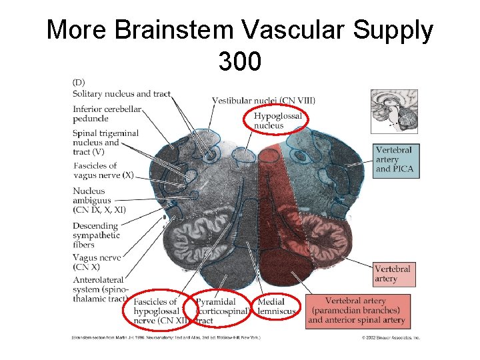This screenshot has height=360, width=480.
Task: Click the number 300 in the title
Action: [x=239, y=61]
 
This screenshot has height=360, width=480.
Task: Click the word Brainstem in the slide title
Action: [x=188, y=30]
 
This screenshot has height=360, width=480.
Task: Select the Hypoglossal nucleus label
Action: [x=277, y=120]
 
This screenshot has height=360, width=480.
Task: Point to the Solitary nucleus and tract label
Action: [x=121, y=94]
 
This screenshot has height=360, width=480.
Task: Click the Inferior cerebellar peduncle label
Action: [x=107, y=114]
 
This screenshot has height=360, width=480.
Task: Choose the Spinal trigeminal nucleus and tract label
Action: [x=105, y=142]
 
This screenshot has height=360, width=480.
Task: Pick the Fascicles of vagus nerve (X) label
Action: [x=104, y=170]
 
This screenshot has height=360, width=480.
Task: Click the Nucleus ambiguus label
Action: [x=99, y=200]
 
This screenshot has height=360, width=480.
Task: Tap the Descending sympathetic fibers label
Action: [x=97, y=235]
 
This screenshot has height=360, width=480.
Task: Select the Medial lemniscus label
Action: [x=275, y=307]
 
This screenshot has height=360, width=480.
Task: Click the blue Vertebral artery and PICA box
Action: [x=394, y=159]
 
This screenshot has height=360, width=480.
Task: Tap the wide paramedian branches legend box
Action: [x=357, y=311]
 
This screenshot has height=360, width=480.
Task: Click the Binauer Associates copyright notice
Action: [x=391, y=338]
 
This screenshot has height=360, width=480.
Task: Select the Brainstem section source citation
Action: [x=167, y=338]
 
